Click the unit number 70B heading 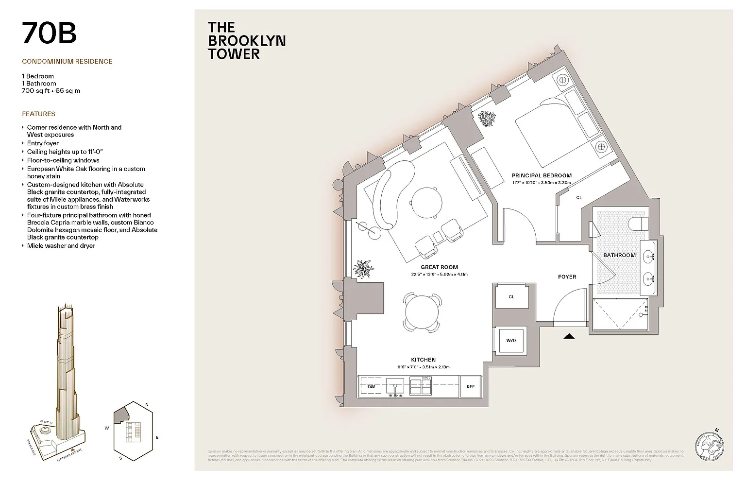(x=49, y=33)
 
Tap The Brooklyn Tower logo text (x=246, y=41)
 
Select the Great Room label (x=439, y=267)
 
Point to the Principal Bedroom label (x=542, y=176)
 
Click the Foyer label (x=567, y=277)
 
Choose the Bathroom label (x=619, y=255)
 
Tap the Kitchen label (x=423, y=360)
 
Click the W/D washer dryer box (x=511, y=340)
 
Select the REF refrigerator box (x=470, y=387)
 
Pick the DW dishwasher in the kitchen (x=371, y=387)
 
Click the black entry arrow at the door (x=569, y=336)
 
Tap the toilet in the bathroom (x=637, y=224)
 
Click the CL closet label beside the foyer (x=511, y=297)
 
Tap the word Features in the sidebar (x=38, y=114)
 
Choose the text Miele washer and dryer (x=61, y=246)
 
